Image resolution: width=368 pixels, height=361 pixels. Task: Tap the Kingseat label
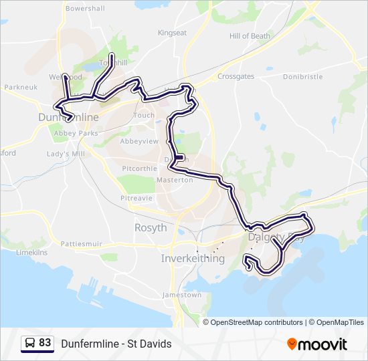click(x=172, y=32)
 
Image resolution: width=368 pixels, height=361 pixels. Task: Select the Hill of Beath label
click(x=250, y=35)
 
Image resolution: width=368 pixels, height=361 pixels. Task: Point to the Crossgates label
click(x=236, y=77)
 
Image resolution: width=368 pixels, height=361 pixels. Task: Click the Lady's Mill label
click(x=66, y=153)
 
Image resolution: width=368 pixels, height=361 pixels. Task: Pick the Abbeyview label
click(x=139, y=142)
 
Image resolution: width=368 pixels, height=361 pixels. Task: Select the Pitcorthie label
click(x=138, y=169)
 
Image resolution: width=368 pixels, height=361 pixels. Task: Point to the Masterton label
click(x=174, y=180)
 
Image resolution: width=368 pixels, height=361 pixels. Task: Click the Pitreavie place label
click(x=136, y=198)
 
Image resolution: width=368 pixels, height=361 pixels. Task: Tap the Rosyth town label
click(x=151, y=228)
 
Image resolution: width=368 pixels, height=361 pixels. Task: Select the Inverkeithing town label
click(x=193, y=259)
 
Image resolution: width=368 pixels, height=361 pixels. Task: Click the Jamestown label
click(x=181, y=295)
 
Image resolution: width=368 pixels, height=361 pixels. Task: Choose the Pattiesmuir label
click(x=81, y=245)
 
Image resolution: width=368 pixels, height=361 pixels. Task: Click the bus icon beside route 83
click(x=29, y=343)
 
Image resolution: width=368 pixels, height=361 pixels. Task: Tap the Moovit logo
click(x=317, y=344)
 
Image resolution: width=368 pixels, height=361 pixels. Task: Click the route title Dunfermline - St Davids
click(x=116, y=344)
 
